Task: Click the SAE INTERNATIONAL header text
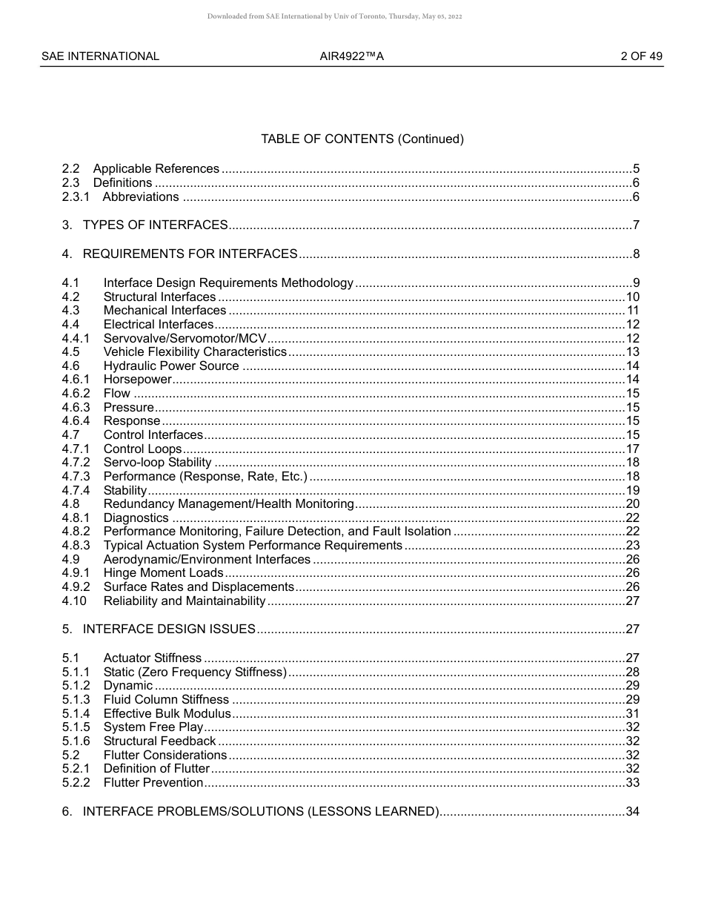tap(100, 56)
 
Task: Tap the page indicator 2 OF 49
tap(642, 56)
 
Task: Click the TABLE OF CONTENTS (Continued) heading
tap(362, 139)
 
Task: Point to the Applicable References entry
tap(156, 169)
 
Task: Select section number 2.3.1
tap(76, 197)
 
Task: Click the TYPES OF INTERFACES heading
tap(155, 225)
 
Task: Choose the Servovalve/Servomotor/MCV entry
tap(185, 338)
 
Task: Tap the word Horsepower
tap(138, 380)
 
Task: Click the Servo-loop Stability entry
tap(157, 463)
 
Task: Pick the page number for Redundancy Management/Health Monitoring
tap(632, 504)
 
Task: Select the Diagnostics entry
tap(136, 518)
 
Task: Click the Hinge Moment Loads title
tap(163, 573)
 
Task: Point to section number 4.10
tap(74, 601)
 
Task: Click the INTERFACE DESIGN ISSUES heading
tap(169, 630)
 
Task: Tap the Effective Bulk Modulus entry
tap(167, 713)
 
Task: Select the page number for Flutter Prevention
tap(632, 783)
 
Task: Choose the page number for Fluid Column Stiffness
tap(632, 700)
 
